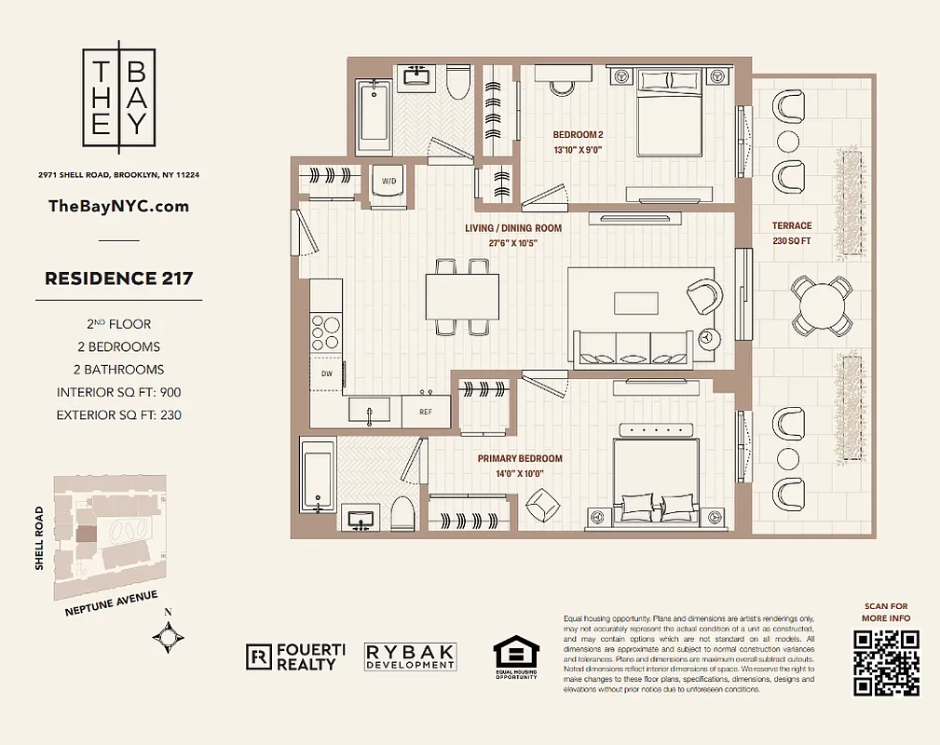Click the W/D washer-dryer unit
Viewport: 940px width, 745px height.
pyautogui.click(x=387, y=183)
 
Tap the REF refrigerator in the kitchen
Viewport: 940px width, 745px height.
pyautogui.click(x=425, y=411)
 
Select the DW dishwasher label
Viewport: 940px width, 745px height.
pyautogui.click(x=326, y=373)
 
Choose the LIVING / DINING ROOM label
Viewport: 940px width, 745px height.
pyautogui.click(x=513, y=228)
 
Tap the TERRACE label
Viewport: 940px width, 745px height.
pyautogui.click(x=792, y=225)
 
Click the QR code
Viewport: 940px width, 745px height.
pyautogui.click(x=887, y=663)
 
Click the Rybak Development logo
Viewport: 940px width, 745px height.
pyautogui.click(x=410, y=657)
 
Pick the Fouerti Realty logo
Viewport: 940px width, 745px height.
pyautogui.click(x=294, y=657)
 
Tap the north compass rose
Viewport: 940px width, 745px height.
pyautogui.click(x=168, y=638)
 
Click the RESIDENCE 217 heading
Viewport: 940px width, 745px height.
pyautogui.click(x=118, y=278)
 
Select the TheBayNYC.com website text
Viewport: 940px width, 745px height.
pyautogui.click(x=118, y=206)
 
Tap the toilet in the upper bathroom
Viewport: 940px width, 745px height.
pyautogui.click(x=456, y=82)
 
